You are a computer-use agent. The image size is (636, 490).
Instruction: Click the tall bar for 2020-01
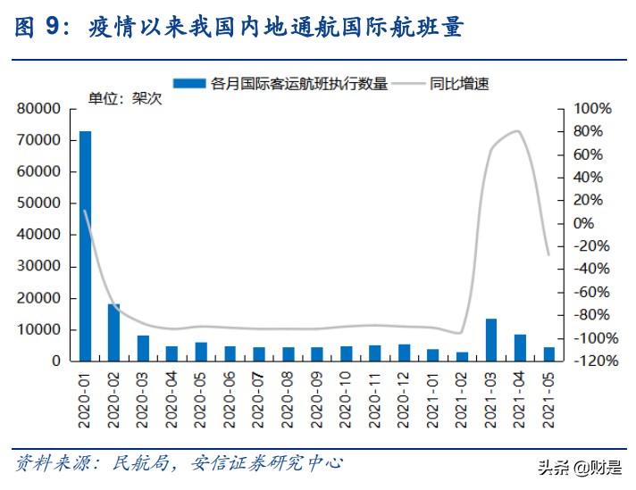pyautogui.click(x=85, y=245)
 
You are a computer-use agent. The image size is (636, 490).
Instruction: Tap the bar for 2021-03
pyautogui.click(x=490, y=340)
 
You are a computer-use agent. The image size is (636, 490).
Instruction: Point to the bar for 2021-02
pyautogui.click(x=462, y=356)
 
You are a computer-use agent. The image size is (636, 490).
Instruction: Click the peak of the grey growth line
pyautogui.click(x=518, y=131)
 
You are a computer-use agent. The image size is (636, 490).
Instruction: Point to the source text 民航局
pyautogui.click(x=134, y=463)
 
